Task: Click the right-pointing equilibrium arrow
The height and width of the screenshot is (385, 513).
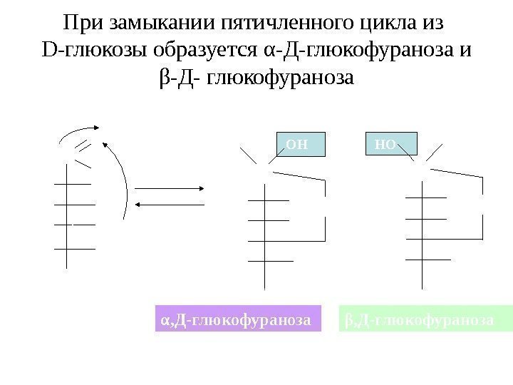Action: (171, 188)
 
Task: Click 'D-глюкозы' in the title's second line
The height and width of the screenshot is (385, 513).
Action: (84, 50)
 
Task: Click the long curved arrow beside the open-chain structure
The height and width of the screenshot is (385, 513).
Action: (123, 178)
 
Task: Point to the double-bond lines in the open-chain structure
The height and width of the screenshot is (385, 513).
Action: (83, 146)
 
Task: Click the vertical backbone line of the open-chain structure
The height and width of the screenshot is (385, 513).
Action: (66, 214)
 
